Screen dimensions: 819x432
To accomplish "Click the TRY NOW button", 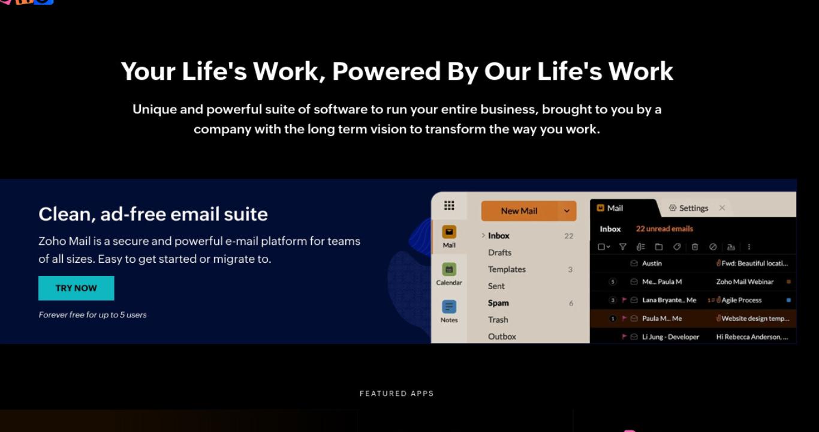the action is [x=76, y=288].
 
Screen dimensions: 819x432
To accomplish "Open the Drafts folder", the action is [x=499, y=253].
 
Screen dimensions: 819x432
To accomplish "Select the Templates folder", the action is [x=507, y=269].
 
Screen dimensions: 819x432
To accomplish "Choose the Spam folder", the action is [x=498, y=303].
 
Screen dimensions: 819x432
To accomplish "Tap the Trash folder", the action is [x=498, y=320].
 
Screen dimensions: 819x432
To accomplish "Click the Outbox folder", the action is [x=502, y=337].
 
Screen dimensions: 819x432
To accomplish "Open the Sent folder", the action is [x=496, y=286].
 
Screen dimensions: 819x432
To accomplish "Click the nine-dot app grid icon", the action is [x=449, y=206].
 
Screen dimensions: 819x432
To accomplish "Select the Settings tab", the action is [x=688, y=208].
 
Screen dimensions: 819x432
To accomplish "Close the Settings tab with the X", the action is [x=722, y=208].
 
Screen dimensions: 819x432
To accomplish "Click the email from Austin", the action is [x=652, y=263].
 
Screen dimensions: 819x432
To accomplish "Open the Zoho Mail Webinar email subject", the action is [x=745, y=281].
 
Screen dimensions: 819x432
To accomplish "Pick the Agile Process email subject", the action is [x=742, y=301].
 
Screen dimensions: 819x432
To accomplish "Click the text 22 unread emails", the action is [x=664, y=229].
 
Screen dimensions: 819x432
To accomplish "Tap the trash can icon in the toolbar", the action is [x=695, y=247].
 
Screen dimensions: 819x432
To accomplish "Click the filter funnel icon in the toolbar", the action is [x=622, y=247].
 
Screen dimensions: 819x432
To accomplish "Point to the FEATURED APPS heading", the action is [x=397, y=394].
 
